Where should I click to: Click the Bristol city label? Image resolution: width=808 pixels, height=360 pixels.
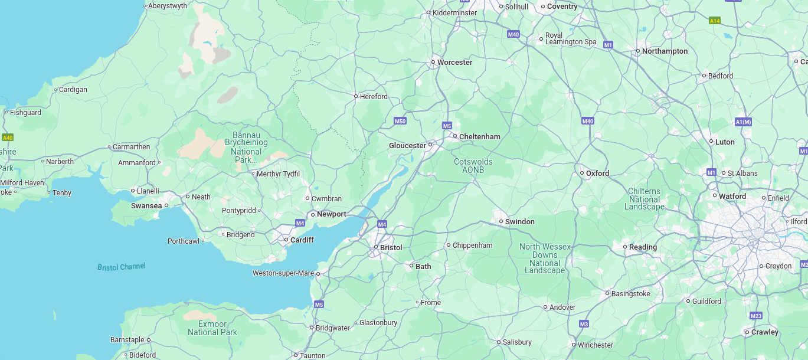(391, 248)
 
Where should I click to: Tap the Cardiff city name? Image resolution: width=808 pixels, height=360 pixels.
(302, 240)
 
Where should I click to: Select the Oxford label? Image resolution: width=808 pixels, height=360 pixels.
(597, 174)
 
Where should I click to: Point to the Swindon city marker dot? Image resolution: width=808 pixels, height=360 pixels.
(501, 222)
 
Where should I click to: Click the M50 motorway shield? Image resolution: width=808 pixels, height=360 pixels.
(400, 121)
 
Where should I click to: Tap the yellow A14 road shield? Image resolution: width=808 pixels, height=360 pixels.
(715, 21)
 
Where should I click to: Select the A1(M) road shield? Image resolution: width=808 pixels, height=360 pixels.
(743, 122)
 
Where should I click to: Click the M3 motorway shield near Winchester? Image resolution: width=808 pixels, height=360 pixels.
(584, 324)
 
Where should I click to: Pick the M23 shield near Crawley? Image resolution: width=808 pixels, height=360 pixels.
(756, 316)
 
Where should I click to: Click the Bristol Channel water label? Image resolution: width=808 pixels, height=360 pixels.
(121, 267)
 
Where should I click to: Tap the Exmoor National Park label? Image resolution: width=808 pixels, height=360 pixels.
(212, 328)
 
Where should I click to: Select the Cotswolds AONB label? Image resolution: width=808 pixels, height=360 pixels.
(473, 166)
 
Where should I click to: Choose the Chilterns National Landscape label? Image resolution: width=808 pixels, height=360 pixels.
(645, 199)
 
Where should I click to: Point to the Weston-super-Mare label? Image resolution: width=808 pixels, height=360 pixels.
(283, 273)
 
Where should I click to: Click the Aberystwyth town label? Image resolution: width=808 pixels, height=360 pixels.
(168, 6)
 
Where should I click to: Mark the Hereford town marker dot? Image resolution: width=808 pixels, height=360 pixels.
(356, 96)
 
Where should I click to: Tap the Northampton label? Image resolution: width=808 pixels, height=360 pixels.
(665, 51)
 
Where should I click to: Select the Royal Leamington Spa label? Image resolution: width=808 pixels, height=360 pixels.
(570, 39)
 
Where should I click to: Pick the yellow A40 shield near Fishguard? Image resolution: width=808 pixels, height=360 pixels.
(7, 138)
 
